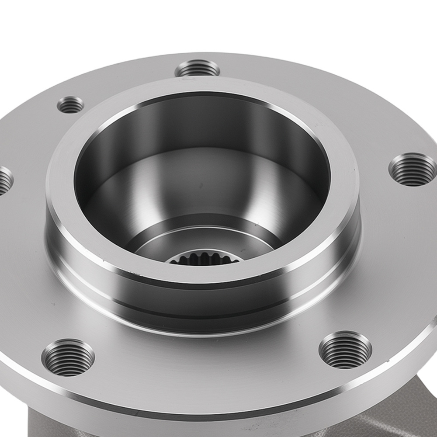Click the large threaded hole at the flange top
click(198, 69)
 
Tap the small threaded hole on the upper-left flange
click(70, 104)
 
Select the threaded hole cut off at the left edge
click(3, 180)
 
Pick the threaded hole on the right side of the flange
click(412, 170)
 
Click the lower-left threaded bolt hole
click(69, 357)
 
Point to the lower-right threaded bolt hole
click(345, 350)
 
